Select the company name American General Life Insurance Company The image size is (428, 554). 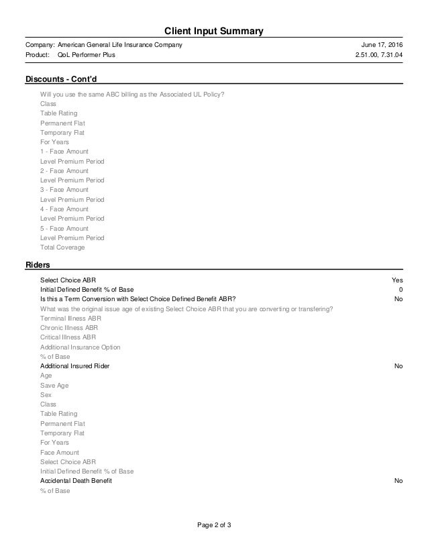(x=120, y=44)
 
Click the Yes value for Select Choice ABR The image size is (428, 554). (x=397, y=280)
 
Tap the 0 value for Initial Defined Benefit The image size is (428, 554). (x=400, y=289)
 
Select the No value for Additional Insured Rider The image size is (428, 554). (x=398, y=366)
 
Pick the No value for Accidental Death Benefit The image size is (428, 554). (x=398, y=481)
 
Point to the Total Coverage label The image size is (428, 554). (x=62, y=247)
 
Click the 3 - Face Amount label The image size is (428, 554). (x=64, y=190)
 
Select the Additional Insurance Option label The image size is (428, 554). (x=81, y=347)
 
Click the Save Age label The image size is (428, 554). (x=54, y=386)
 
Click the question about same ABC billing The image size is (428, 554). (x=132, y=94)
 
